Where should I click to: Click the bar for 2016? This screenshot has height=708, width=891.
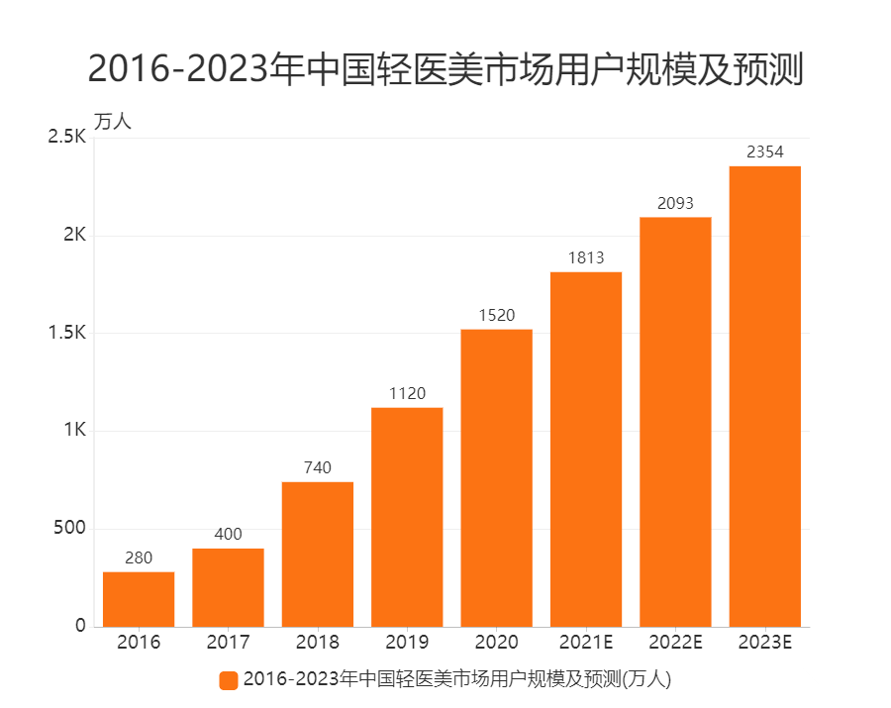pyautogui.click(x=139, y=599)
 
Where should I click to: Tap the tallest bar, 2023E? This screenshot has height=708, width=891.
pyautogui.click(x=764, y=396)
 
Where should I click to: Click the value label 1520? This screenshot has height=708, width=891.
pyautogui.click(x=496, y=315)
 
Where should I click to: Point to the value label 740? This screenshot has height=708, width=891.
pyautogui.click(x=318, y=467)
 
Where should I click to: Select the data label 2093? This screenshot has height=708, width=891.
pyautogui.click(x=675, y=203)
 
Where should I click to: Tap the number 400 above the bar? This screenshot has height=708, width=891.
pyautogui.click(x=228, y=535)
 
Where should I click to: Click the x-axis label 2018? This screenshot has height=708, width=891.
pyautogui.click(x=318, y=643)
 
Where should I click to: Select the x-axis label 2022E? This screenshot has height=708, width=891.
pyautogui.click(x=675, y=643)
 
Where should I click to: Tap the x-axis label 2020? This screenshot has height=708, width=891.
pyautogui.click(x=496, y=643)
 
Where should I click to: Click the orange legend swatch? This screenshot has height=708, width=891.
pyautogui.click(x=229, y=680)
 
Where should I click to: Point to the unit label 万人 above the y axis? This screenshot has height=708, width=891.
pyautogui.click(x=113, y=122)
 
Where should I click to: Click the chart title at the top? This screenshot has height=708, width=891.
pyautogui.click(x=445, y=69)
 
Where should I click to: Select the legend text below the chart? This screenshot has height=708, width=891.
pyautogui.click(x=456, y=680)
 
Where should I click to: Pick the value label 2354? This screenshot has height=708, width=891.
pyautogui.click(x=764, y=152)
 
